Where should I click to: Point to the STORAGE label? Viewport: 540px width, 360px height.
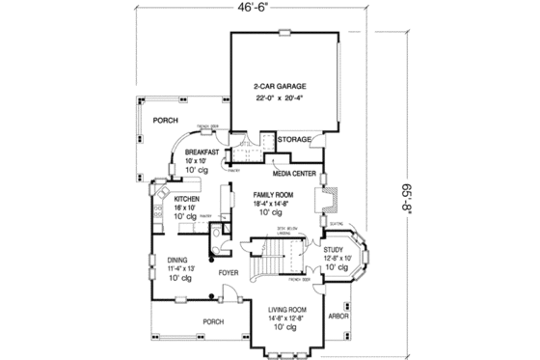coord(295,140)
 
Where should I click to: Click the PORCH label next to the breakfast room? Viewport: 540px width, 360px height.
coord(168,121)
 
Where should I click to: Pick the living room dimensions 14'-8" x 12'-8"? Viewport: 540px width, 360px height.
coord(286,317)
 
